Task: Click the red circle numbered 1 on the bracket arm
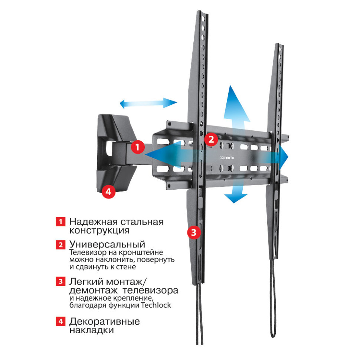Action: pos(138,147)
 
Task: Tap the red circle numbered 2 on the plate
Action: pos(211,139)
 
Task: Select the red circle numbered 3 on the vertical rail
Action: pos(194,232)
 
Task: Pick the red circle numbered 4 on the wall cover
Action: pos(108,192)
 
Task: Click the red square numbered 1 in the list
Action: pos(60,222)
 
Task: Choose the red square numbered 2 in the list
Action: pos(60,245)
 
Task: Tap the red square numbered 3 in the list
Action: pos(60,281)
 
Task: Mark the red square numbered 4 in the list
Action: pos(60,321)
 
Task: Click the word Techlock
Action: pos(156,305)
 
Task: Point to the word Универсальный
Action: pos(107,244)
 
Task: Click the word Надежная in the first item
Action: pos(94,222)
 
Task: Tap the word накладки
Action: pos(92,330)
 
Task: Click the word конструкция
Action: pos(99,230)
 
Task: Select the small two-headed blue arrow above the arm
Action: pos(148,103)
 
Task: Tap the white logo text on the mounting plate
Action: pos(227,158)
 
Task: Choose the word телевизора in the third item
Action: pos(151,291)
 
